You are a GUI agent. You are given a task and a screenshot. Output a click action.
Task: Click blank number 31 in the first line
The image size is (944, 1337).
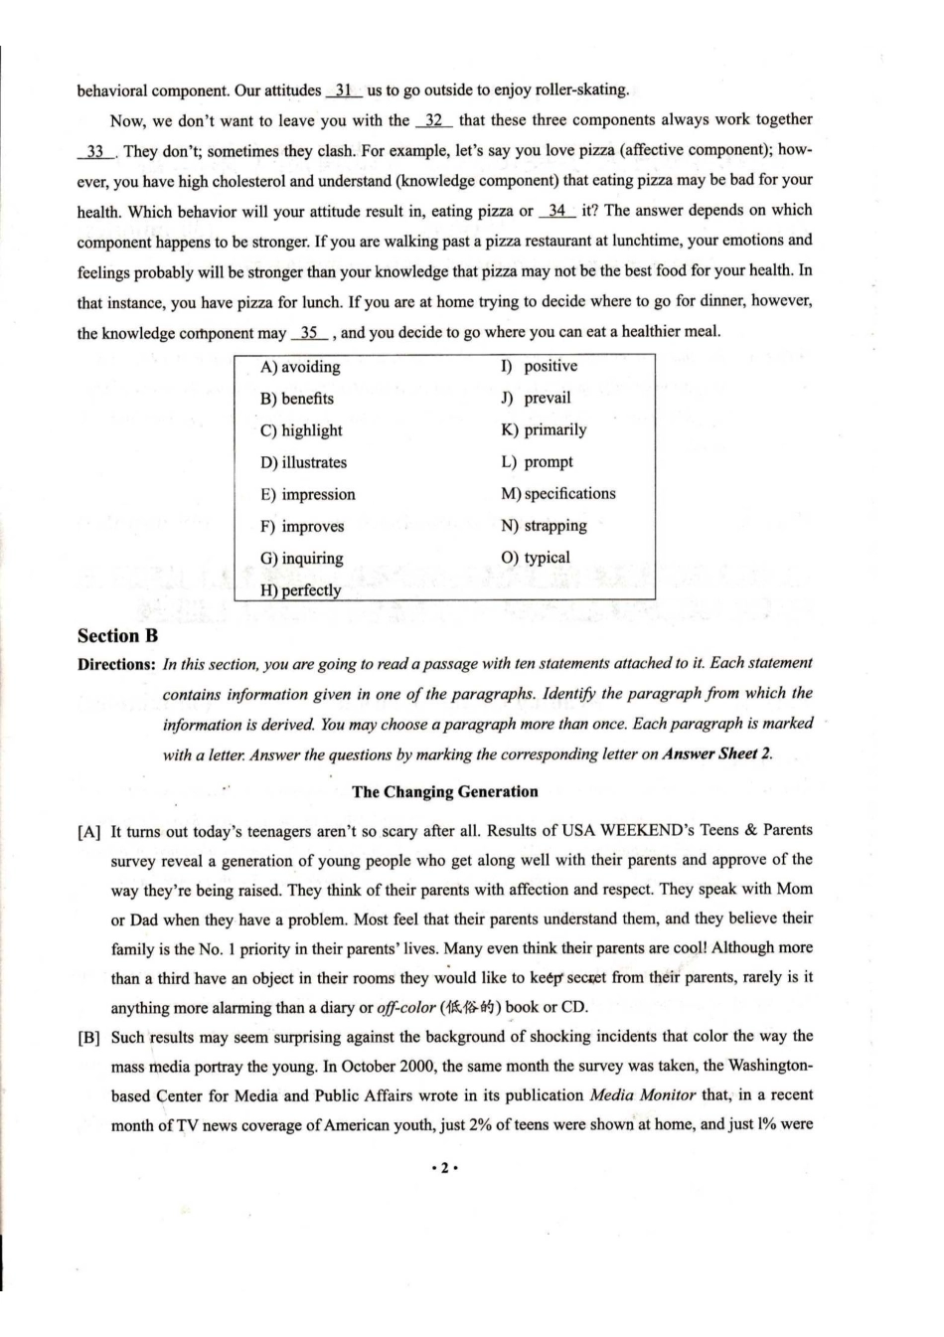coord(344,90)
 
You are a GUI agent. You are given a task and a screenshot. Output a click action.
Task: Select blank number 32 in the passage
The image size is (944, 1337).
coord(434,120)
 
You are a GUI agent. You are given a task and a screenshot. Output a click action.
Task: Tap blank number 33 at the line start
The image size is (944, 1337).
coord(95,151)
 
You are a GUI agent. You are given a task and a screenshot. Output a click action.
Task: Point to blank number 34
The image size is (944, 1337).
coord(556,211)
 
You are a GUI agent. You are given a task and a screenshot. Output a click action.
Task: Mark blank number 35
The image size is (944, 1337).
coord(309,332)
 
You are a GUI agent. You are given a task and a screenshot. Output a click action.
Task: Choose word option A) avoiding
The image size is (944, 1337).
coord(300,367)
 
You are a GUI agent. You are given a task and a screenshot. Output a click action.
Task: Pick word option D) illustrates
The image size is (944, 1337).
coord(303,462)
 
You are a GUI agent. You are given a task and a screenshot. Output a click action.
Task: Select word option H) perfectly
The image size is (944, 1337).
coord(300,589)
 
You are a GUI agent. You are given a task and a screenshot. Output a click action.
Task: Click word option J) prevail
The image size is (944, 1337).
coord(536,398)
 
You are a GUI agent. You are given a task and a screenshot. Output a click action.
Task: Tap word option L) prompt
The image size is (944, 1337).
coord(537,461)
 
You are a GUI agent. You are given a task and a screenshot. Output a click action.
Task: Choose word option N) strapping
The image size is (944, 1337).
coord(544,526)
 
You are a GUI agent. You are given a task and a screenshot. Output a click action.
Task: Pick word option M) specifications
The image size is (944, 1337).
coord(557,493)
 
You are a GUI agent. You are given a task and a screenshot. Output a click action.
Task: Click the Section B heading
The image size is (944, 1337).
coord(117,636)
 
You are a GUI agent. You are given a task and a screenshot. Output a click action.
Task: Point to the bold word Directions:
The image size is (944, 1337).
coord(116,664)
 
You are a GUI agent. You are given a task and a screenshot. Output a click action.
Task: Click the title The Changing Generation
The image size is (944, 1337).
coord(444,792)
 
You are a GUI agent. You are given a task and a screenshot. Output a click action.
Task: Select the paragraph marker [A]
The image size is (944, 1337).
coord(89,831)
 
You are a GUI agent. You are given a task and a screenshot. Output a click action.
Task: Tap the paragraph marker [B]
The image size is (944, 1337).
coord(89,1038)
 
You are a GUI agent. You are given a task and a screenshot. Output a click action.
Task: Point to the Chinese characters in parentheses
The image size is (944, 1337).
coord(472,1007)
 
